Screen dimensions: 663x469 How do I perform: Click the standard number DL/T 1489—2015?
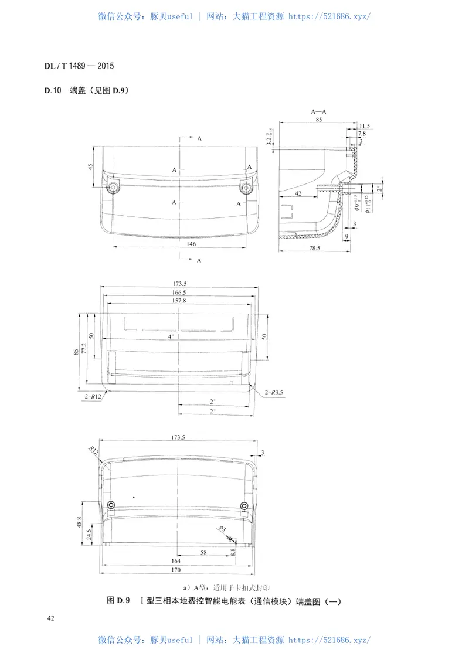click(x=79, y=66)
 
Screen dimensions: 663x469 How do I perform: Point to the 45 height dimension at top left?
click(x=91, y=166)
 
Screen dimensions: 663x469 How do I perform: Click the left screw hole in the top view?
click(x=113, y=187)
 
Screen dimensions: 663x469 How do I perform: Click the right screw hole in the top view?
click(x=247, y=187)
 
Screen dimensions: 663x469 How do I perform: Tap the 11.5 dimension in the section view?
click(x=365, y=125)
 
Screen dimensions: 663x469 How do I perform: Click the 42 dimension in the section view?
click(x=298, y=193)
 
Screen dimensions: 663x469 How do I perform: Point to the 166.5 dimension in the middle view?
click(x=179, y=292)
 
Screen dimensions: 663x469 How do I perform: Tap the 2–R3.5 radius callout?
click(x=274, y=392)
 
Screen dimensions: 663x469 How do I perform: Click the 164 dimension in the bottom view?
click(x=176, y=561)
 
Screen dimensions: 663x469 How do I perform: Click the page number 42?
click(x=52, y=618)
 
